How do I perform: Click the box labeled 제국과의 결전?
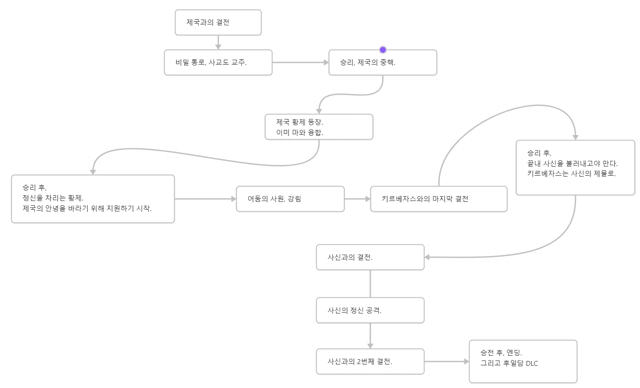pyautogui.click(x=218, y=23)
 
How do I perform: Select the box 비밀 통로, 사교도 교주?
pyautogui.click(x=218, y=62)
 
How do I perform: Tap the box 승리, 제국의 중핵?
pyautogui.click(x=383, y=62)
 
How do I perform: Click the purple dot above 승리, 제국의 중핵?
pyautogui.click(x=383, y=50)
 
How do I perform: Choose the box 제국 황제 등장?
pyautogui.click(x=319, y=127)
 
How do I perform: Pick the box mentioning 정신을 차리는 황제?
pyautogui.click(x=93, y=199)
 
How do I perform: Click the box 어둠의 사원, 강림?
pyautogui.click(x=290, y=199)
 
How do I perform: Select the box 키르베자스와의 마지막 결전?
pyautogui.click(x=439, y=199)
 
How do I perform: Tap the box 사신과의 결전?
pyautogui.click(x=370, y=257)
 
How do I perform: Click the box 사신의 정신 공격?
pyautogui.click(x=370, y=310)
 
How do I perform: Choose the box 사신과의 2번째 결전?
pyautogui.click(x=370, y=361)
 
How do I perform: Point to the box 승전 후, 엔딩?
pyautogui.click(x=523, y=361)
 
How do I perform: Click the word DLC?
pyautogui.click(x=532, y=364)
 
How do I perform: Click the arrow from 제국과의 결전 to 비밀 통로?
pyautogui.click(x=218, y=43)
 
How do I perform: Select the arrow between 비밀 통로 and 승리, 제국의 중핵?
pyautogui.click(x=300, y=62)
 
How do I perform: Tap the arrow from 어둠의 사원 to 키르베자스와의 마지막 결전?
pyautogui.click(x=357, y=199)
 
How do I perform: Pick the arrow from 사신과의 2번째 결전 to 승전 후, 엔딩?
pyautogui.click(x=447, y=361)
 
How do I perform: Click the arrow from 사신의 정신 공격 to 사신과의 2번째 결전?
pyautogui.click(x=370, y=336)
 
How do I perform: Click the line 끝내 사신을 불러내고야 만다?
pyautogui.click(x=572, y=163)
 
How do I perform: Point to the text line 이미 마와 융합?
pyautogui.click(x=300, y=133)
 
